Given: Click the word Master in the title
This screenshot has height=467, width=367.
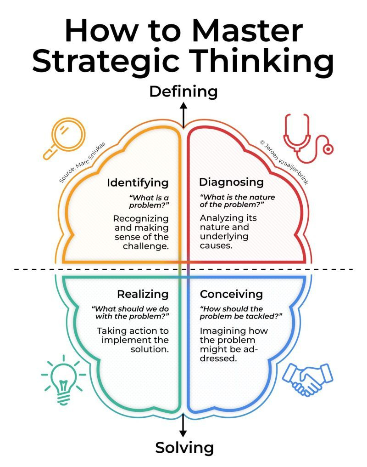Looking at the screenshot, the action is (247, 31).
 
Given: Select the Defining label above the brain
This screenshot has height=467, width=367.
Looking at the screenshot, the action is (183, 92).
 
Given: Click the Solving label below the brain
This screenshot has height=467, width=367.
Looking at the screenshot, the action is (184, 447).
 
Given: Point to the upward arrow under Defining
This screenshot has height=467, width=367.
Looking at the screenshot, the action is (183, 115).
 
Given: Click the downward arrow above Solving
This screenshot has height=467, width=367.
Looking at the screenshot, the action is (183, 426).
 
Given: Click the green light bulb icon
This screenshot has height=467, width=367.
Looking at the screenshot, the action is (63, 380).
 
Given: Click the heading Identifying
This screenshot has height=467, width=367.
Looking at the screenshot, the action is (138, 182).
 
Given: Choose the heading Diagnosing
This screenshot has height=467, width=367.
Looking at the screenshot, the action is (231, 182).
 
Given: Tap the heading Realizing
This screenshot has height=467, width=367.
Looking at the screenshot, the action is (143, 294).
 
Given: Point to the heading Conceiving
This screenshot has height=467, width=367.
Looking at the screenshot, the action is (231, 294).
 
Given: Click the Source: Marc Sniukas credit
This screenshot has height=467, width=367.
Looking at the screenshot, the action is (82, 162).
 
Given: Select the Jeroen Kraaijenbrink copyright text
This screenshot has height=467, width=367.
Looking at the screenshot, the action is (284, 162).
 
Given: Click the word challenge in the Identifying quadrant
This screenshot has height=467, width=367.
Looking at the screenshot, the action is (145, 246).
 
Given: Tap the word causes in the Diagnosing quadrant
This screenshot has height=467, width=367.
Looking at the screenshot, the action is (216, 246).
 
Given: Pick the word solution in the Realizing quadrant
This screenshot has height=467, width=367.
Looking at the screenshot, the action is (150, 349).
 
